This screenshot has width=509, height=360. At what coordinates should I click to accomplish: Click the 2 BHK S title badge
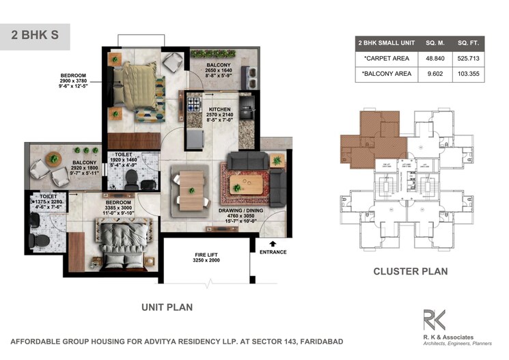click(x=35, y=36)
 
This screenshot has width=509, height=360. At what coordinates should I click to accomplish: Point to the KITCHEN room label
click(x=220, y=109)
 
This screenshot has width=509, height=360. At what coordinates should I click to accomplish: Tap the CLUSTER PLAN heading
click(x=410, y=271)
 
